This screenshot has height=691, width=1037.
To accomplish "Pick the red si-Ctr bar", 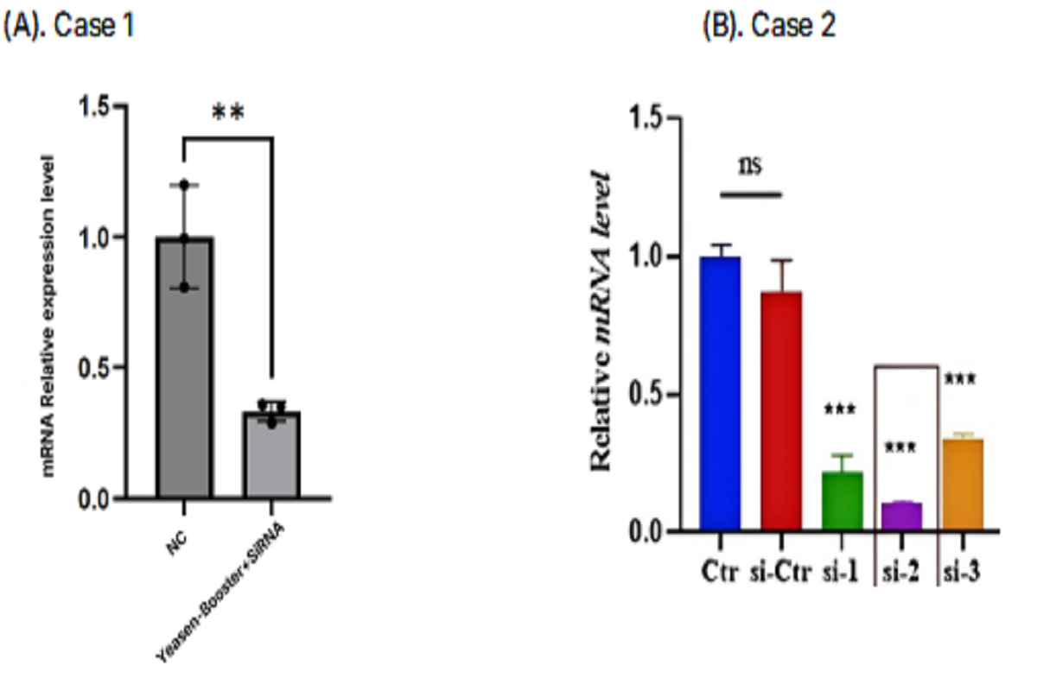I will click(781, 411).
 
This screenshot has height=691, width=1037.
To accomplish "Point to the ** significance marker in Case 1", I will click(228, 113).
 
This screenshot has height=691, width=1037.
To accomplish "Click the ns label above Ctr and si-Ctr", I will click(750, 165).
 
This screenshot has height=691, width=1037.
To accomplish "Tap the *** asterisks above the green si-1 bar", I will click(841, 409).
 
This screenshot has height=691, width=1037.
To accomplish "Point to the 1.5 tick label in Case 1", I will click(97, 107).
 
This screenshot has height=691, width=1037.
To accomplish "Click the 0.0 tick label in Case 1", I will click(97, 500).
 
